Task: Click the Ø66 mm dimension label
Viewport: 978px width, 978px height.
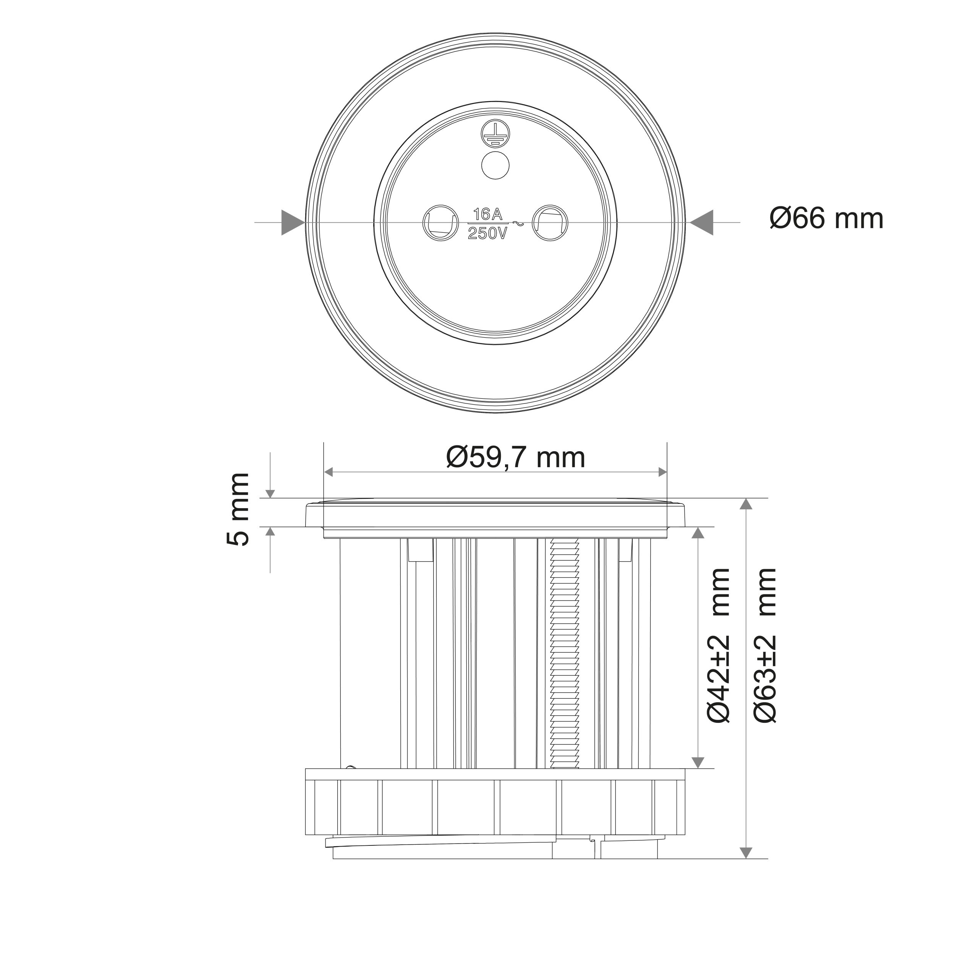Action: click(x=826, y=219)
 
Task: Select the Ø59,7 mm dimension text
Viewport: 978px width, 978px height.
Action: click(x=515, y=457)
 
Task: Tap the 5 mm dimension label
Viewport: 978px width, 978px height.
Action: click(x=238, y=509)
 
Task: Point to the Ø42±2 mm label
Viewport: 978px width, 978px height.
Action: click(x=718, y=645)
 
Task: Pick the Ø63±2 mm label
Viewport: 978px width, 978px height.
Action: click(x=764, y=645)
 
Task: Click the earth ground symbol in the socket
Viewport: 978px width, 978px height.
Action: click(x=495, y=134)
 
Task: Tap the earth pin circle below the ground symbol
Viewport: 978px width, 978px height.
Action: click(x=495, y=165)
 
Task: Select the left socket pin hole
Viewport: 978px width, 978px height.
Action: click(x=440, y=222)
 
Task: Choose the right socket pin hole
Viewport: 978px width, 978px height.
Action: click(x=550, y=222)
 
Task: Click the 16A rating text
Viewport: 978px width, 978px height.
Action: click(x=487, y=214)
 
